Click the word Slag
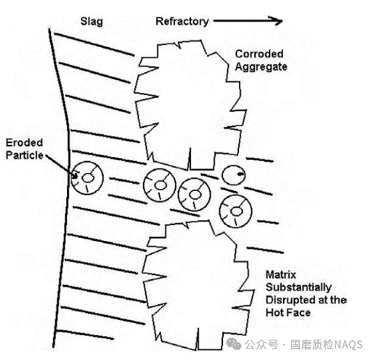click(92, 22)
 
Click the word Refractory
click(182, 22)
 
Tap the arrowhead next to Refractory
click(276, 21)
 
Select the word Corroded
click(259, 54)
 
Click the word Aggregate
click(261, 67)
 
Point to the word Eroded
click(24, 142)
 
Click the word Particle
click(25, 155)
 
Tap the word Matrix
click(281, 275)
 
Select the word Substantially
click(298, 287)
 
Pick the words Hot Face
click(288, 313)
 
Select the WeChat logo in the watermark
click(234, 343)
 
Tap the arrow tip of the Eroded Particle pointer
click(76, 176)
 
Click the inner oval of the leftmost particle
click(88, 179)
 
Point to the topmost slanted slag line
click(94, 44)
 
